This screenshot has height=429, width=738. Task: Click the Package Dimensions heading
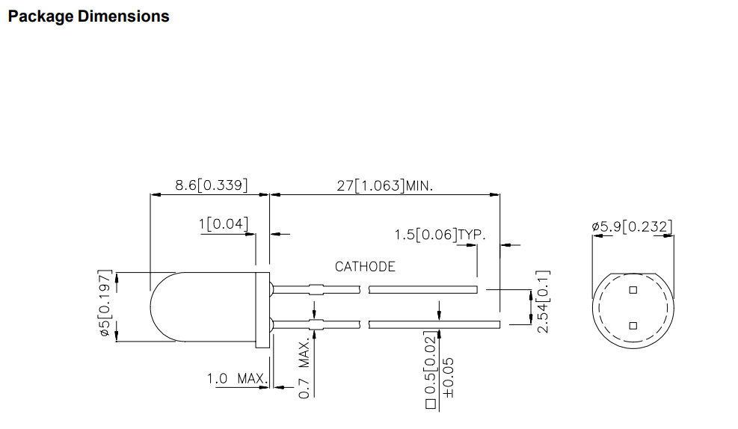click(x=88, y=16)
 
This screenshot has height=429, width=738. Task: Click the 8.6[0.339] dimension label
click(x=212, y=185)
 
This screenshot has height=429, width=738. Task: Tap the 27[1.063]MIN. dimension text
click(x=384, y=186)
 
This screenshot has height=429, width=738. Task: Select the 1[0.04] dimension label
click(x=223, y=223)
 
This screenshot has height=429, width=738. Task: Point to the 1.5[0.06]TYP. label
click(x=440, y=234)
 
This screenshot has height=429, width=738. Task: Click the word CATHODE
click(x=365, y=267)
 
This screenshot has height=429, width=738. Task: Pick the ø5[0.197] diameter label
click(x=105, y=303)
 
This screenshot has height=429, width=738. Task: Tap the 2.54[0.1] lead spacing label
click(x=543, y=301)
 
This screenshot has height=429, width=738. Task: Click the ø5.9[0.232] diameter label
click(x=632, y=226)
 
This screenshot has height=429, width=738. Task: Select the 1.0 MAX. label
click(x=238, y=378)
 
